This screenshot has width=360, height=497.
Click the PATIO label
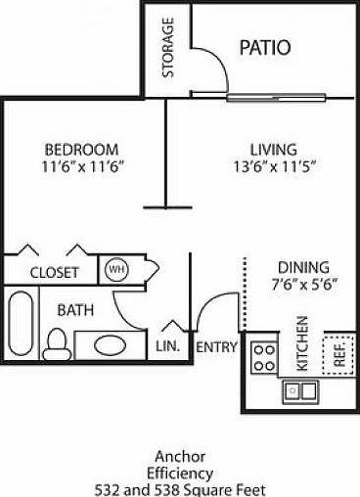point(265,47)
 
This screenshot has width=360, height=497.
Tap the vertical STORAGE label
point(168,48)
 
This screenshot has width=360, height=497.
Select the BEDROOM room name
point(81,150)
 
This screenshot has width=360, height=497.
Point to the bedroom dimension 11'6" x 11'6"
point(83,167)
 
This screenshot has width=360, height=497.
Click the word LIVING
point(274,150)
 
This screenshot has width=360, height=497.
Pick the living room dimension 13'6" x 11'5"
point(275,167)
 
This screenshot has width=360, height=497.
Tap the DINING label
point(303,267)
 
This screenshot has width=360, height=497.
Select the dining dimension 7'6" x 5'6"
point(304,284)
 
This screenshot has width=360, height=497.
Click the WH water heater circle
point(116,269)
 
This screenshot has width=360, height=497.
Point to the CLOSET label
point(55,272)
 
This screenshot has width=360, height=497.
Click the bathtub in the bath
point(21,323)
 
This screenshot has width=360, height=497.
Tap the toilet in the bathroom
point(58,344)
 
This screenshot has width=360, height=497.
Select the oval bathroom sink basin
point(111,345)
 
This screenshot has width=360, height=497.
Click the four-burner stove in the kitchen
point(264,358)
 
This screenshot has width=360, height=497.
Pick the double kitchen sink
point(300,390)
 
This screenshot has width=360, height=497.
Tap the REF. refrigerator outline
point(338,355)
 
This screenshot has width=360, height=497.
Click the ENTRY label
point(216,346)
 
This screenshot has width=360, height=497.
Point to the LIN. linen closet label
point(167,346)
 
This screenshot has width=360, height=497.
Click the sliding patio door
point(276,97)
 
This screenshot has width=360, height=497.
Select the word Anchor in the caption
point(180,457)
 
